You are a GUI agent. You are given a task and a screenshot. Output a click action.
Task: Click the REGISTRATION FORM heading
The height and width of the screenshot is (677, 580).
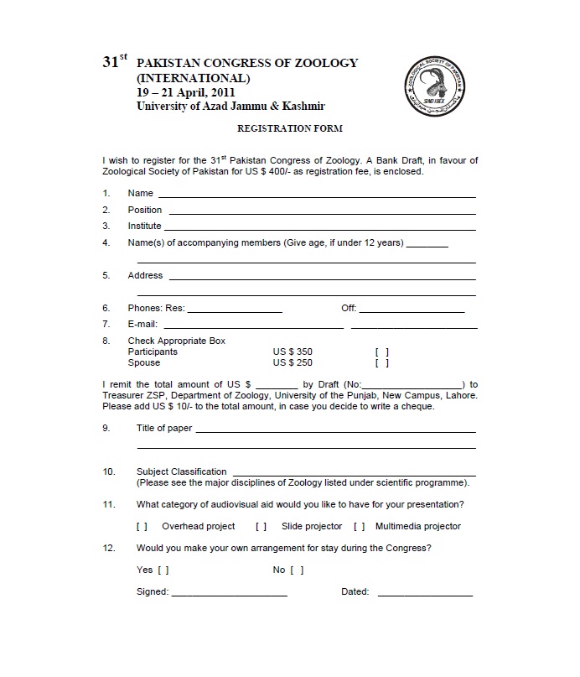(289, 128)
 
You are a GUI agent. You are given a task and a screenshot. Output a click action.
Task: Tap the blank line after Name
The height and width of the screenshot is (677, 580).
(316, 195)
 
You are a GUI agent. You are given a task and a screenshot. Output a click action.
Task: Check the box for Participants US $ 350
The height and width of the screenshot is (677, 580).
(382, 352)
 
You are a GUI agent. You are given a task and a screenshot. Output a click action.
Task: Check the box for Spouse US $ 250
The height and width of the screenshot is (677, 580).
(382, 364)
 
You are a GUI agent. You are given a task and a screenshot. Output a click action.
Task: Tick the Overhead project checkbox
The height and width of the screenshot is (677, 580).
(142, 527)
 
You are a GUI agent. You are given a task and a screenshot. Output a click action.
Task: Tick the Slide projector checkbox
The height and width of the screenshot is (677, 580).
(261, 527)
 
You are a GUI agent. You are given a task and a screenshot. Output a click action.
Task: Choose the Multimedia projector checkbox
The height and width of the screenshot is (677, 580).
(359, 527)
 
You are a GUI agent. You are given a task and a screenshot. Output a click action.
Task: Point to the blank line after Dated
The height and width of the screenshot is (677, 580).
(425, 594)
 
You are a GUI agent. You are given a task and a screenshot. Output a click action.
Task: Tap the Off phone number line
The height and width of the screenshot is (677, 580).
(412, 310)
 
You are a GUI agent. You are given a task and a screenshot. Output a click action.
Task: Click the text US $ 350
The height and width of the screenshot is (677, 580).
(293, 352)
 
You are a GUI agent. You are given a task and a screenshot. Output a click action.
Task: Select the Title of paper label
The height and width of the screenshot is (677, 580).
(164, 429)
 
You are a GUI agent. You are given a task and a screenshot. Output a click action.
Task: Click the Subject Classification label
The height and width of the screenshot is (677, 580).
(182, 472)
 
